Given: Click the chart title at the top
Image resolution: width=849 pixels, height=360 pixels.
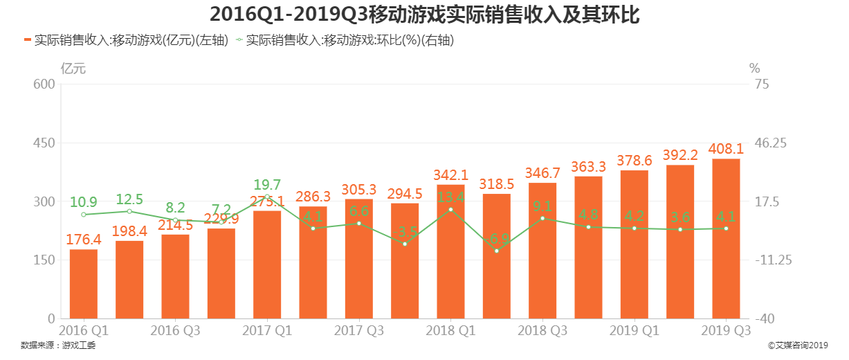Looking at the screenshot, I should [424, 14].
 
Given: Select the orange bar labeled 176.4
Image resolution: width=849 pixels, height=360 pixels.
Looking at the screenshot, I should [84, 284].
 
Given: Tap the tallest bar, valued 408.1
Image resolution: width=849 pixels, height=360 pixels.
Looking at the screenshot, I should [726, 239].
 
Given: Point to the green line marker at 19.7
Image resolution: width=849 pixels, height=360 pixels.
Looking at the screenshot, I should [267, 197].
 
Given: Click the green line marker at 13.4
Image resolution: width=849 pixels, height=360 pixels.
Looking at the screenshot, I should [450, 209].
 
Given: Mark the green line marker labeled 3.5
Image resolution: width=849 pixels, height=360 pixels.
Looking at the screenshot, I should [405, 244].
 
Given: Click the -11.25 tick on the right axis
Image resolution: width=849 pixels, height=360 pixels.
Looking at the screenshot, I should [771, 260].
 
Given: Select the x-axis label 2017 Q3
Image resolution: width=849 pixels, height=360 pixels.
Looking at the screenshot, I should [358, 331].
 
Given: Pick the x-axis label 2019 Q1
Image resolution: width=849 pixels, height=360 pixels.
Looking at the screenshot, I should [634, 331].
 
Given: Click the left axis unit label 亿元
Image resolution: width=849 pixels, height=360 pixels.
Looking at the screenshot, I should [73, 69].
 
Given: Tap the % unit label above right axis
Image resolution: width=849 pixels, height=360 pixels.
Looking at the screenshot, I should [754, 69].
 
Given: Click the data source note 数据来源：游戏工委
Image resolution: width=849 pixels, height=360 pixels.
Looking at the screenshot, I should [58, 345].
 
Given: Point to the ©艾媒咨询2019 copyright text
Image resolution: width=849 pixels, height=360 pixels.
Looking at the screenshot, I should [798, 345].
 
